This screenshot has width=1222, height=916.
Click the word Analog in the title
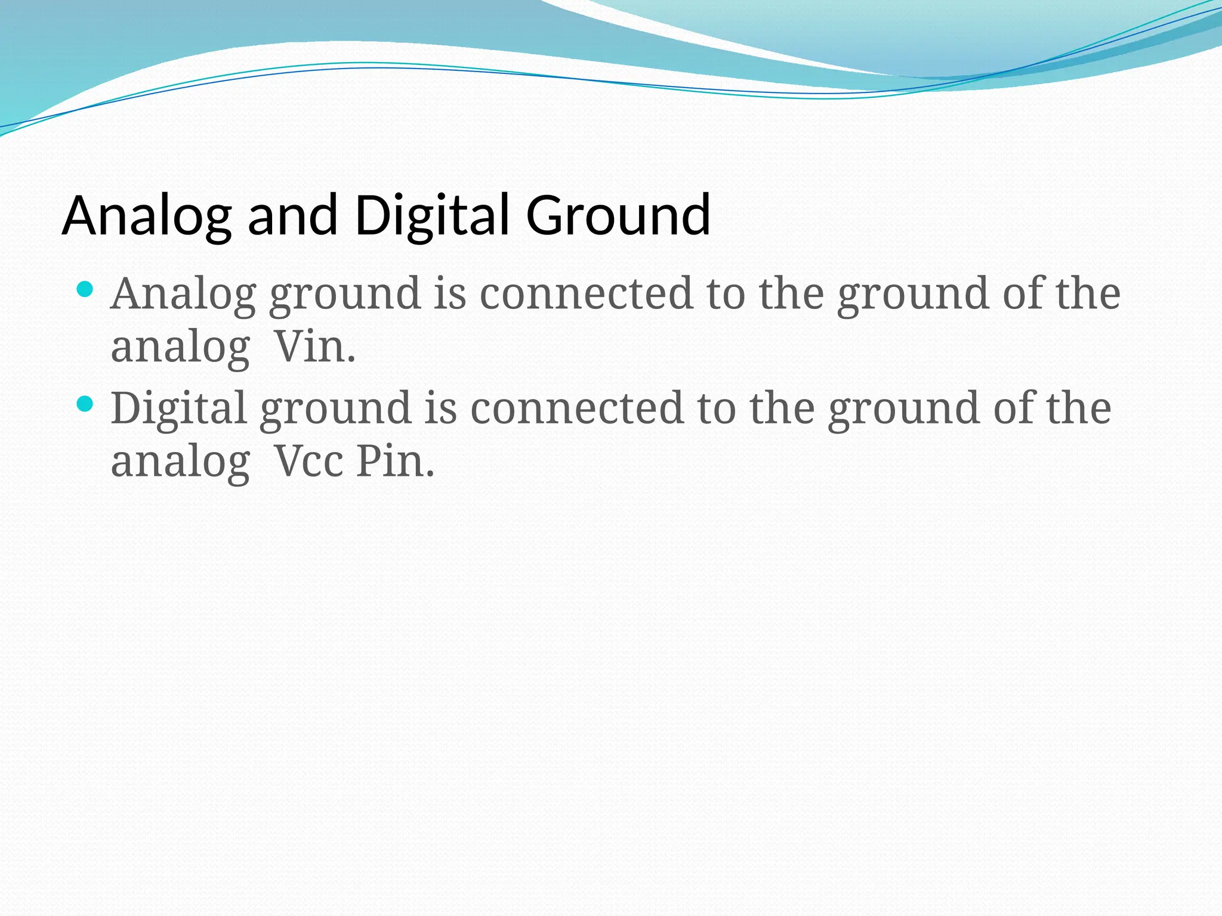146,216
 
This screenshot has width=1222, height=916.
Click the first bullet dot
85,290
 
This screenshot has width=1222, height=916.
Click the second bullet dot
85,404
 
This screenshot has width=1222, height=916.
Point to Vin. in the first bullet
314,347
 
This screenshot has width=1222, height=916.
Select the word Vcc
308,462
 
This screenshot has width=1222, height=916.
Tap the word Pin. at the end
395,462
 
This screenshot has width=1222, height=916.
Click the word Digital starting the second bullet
178,409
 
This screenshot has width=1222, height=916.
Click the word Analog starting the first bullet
183,295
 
